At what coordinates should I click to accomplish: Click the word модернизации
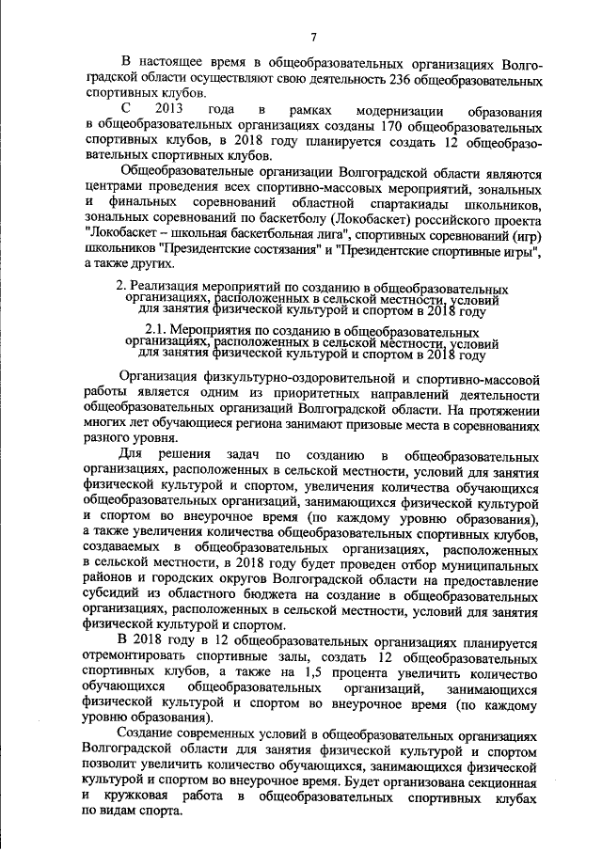click(393, 110)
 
